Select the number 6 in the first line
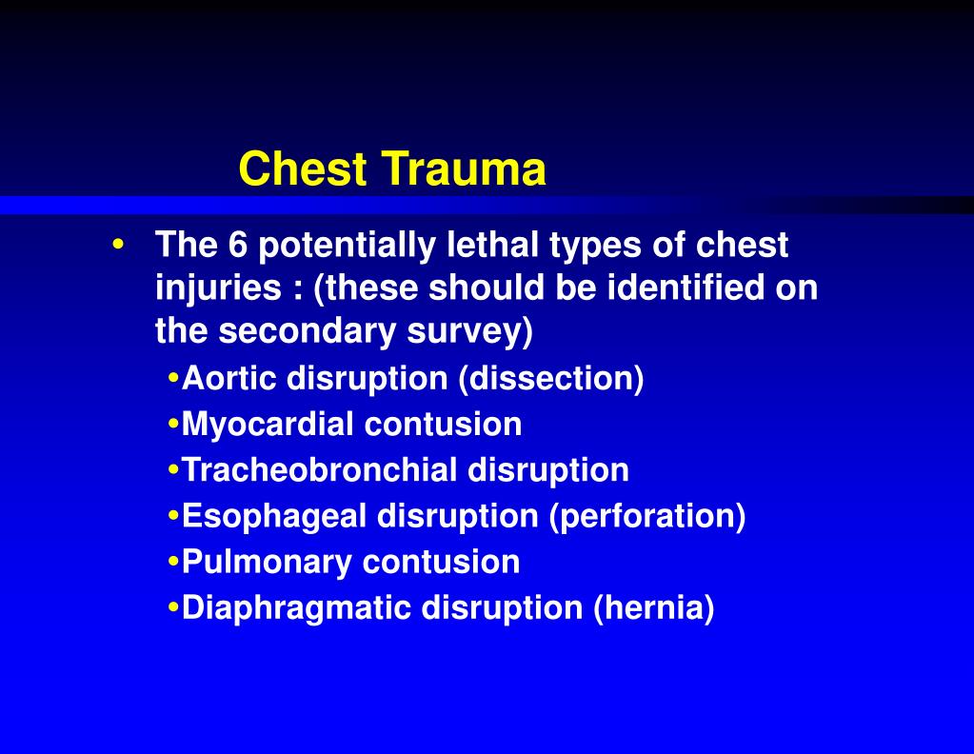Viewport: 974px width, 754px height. tap(237, 246)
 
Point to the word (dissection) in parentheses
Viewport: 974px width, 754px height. tap(551, 379)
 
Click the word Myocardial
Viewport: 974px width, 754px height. tap(268, 425)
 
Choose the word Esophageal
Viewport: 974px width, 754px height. tap(275, 516)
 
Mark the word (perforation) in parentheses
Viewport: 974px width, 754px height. tap(646, 516)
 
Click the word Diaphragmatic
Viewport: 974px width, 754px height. tap(297, 608)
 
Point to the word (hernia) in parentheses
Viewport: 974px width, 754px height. tap(653, 608)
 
